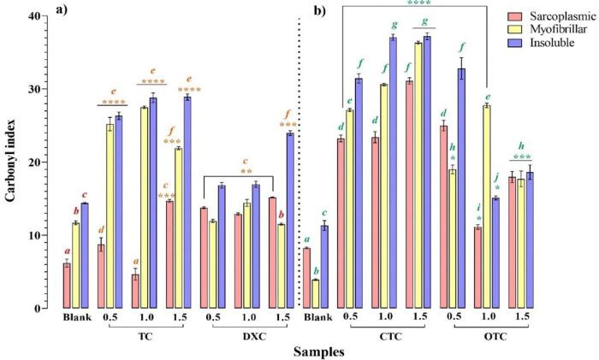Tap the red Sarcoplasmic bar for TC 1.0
pos(135,291)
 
